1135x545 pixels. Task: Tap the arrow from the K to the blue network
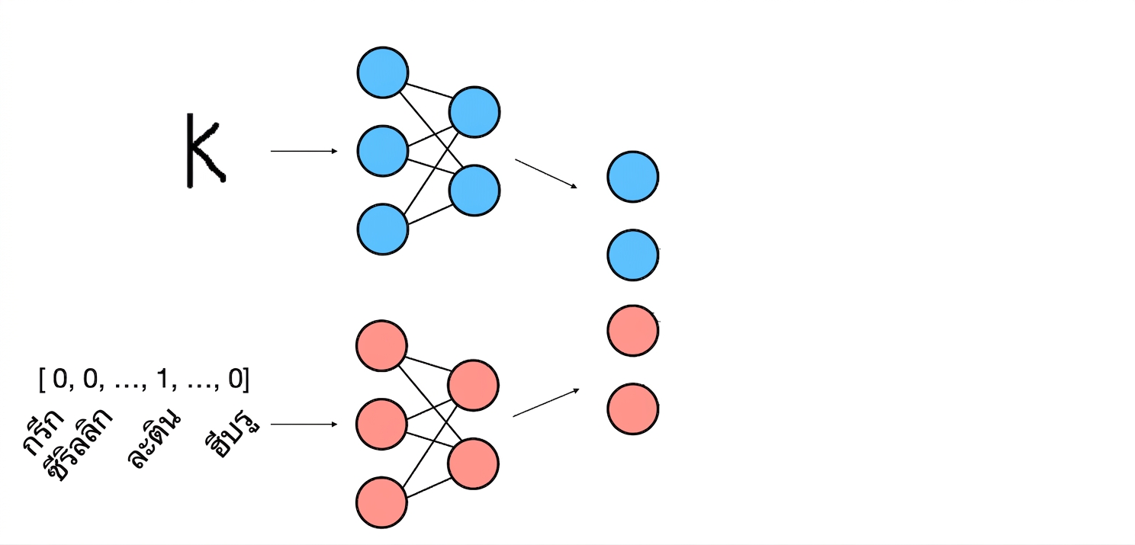pos(304,151)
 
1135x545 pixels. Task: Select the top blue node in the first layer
pos(383,72)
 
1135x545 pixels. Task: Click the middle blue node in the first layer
pos(383,151)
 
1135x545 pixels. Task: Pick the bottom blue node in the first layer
pos(383,229)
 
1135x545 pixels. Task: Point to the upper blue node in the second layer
pos(474,112)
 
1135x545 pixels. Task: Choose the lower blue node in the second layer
pos(474,191)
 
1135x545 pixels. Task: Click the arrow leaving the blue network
pos(545,174)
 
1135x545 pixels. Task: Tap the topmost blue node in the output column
pos(633,177)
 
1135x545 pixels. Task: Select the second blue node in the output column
pos(633,255)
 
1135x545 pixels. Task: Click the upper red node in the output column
pos(633,331)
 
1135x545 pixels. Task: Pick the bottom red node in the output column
pos(633,409)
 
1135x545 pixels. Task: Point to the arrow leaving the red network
pos(545,402)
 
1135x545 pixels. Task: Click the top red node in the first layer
pos(381,345)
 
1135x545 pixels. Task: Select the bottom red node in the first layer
pos(381,502)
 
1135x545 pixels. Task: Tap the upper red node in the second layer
pos(473,386)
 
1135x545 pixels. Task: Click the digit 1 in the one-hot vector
pos(162,378)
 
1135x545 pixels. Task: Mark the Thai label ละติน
pos(153,438)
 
